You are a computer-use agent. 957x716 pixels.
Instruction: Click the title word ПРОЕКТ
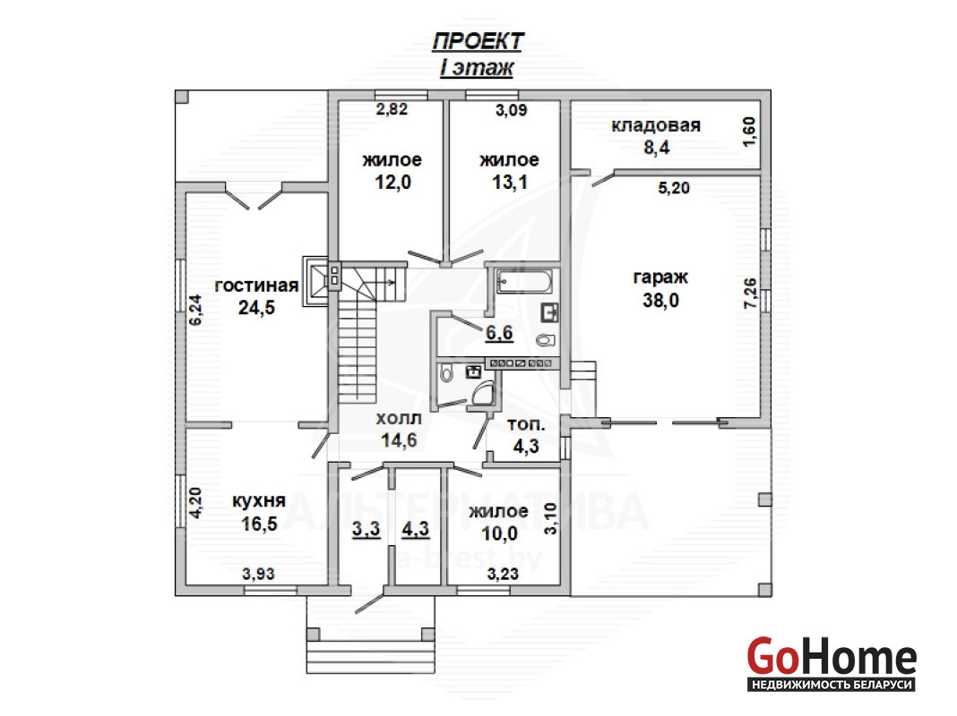click(478, 41)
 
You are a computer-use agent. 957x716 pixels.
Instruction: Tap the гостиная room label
click(256, 286)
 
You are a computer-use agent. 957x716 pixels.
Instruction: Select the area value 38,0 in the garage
click(660, 300)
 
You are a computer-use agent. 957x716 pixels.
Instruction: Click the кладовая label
click(656, 125)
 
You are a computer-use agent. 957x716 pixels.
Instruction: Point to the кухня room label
click(259, 501)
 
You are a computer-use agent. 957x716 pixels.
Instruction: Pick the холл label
click(399, 419)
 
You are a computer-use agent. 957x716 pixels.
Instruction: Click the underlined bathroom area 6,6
click(499, 333)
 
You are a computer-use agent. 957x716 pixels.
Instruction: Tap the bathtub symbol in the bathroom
click(524, 282)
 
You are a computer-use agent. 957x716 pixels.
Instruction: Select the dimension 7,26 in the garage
click(750, 293)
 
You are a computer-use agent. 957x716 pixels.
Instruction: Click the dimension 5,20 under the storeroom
click(674, 188)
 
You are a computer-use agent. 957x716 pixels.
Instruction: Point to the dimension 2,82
click(392, 109)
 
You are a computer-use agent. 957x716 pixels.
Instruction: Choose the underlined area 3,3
click(366, 529)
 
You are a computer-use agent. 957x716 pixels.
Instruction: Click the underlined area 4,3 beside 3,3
click(416, 529)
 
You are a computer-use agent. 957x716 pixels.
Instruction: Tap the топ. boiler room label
click(526, 424)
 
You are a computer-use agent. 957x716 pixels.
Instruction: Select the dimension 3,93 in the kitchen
click(259, 574)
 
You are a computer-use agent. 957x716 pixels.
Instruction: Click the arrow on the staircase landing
click(388, 282)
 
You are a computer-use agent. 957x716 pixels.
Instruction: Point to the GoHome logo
click(832, 663)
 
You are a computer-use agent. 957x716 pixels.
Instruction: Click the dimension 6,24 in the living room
click(195, 310)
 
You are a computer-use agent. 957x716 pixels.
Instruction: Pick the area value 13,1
click(510, 182)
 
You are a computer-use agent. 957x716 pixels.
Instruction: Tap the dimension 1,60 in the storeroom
click(750, 132)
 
